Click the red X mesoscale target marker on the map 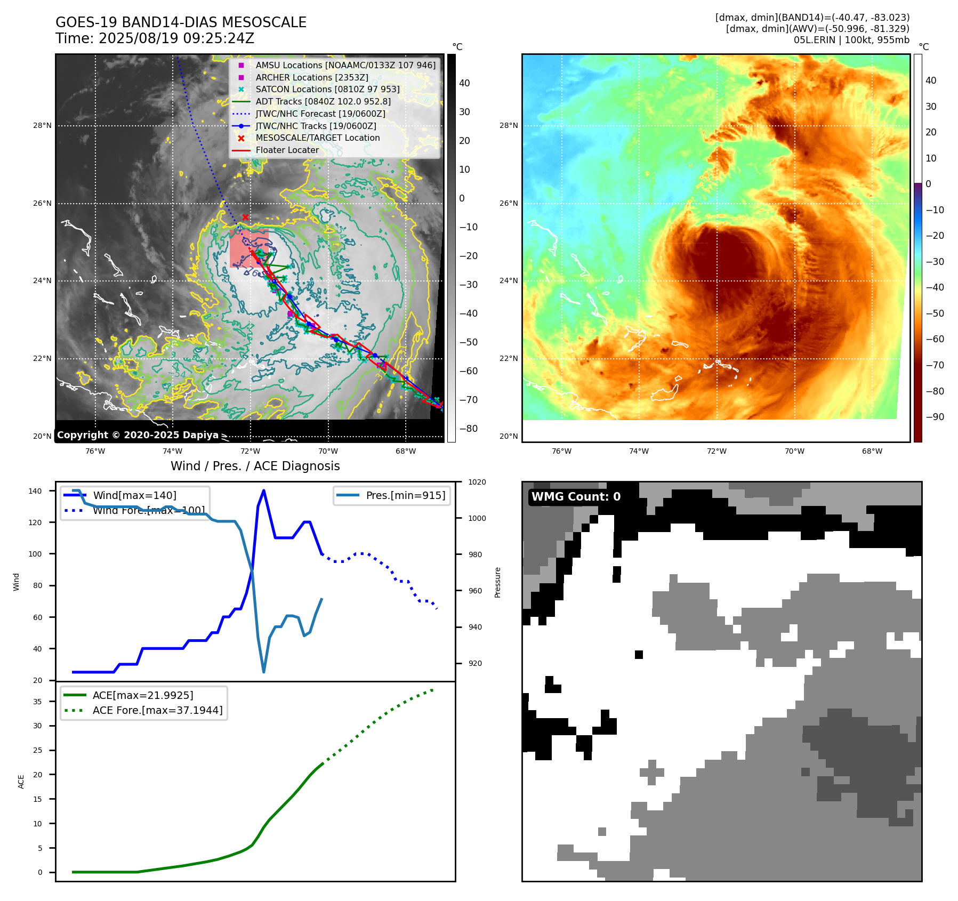[x=245, y=217]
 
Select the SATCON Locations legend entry [x=327, y=90]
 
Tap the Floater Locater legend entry [x=287, y=150]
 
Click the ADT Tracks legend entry [x=323, y=102]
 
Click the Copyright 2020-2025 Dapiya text [x=138, y=435]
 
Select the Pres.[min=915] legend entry [x=405, y=496]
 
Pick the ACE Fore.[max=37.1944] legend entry [x=157, y=710]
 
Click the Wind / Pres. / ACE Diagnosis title [x=255, y=466]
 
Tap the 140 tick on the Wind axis [x=35, y=491]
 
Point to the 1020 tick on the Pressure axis [x=477, y=482]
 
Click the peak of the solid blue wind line [x=264, y=491]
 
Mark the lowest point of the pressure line [x=264, y=672]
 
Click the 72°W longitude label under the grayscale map [x=251, y=452]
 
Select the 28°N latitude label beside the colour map [x=508, y=126]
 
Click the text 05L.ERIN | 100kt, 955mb [x=851, y=40]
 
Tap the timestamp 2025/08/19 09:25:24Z [x=176, y=39]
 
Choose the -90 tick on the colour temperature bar [x=935, y=417]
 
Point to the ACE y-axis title [x=21, y=782]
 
